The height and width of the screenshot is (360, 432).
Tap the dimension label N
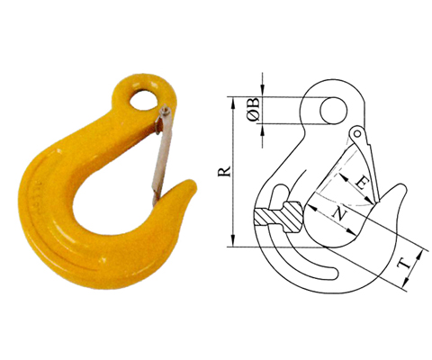coord(338,213)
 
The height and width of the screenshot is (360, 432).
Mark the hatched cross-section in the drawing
coord(280,217)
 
